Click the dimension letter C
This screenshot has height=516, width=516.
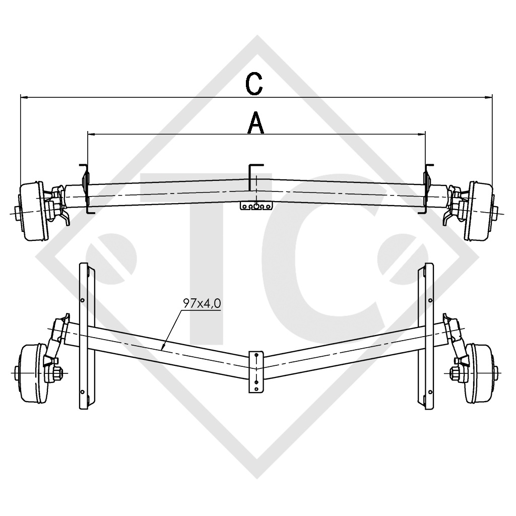click(255, 85)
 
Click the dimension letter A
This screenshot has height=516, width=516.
click(256, 123)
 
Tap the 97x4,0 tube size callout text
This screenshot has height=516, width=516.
click(202, 304)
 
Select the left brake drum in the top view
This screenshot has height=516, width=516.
click(33, 211)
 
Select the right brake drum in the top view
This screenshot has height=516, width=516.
click(478, 210)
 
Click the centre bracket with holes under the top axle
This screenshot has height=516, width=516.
click(257, 206)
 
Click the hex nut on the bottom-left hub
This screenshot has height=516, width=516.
click(56, 373)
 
